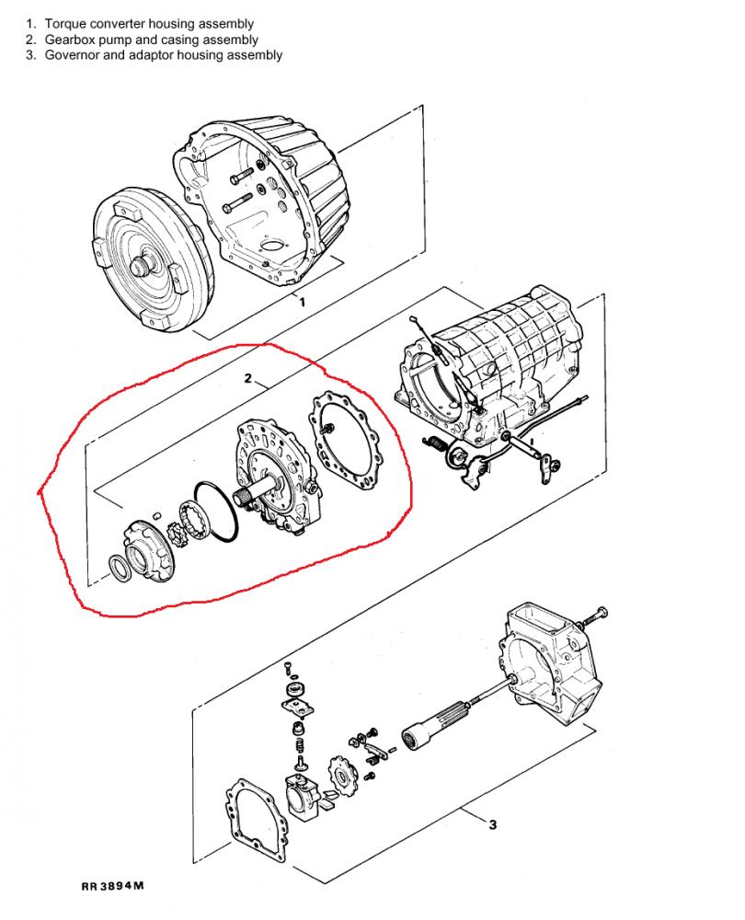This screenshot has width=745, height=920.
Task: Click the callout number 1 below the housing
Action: tap(302, 303)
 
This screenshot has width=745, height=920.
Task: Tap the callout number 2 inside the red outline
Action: tap(248, 378)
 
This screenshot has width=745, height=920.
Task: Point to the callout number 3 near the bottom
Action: tap(492, 824)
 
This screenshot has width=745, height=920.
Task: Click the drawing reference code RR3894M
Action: tap(112, 885)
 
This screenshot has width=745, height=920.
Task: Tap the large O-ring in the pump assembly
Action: tap(216, 511)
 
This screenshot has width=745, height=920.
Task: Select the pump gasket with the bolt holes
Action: tap(346, 440)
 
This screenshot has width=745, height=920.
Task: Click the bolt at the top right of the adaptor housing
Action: tap(593, 616)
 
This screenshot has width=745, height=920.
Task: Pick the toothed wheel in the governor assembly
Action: tap(340, 776)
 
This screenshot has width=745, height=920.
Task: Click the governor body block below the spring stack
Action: tap(304, 798)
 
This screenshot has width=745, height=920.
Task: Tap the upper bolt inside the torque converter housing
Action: tap(242, 174)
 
